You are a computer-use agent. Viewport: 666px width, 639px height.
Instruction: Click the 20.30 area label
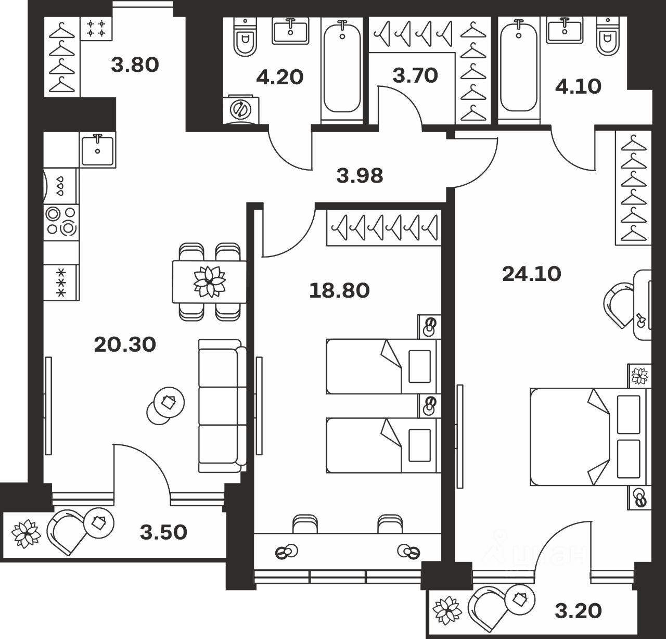pos(125,344)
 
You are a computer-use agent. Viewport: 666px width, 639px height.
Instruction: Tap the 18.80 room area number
pos(339,290)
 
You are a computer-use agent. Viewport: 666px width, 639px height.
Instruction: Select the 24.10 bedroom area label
pos(532,274)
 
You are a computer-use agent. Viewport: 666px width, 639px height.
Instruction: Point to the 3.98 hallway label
pos(360,176)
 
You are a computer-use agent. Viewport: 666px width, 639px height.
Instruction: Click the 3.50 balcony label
pos(164,532)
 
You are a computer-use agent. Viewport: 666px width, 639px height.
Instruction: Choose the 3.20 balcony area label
pos(578,610)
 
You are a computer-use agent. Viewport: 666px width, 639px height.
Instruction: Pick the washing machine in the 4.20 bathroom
pos(241,109)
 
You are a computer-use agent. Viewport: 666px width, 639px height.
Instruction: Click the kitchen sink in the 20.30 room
pos(97,149)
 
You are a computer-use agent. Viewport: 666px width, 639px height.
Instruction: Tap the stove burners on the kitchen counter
pos(61,221)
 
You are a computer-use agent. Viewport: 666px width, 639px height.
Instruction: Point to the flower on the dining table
pos(209,281)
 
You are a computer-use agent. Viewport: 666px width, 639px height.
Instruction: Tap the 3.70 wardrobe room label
pos(415,75)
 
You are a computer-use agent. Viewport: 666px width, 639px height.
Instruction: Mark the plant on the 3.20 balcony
pos(448,609)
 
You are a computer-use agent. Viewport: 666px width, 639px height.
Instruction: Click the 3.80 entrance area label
pos(135,65)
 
